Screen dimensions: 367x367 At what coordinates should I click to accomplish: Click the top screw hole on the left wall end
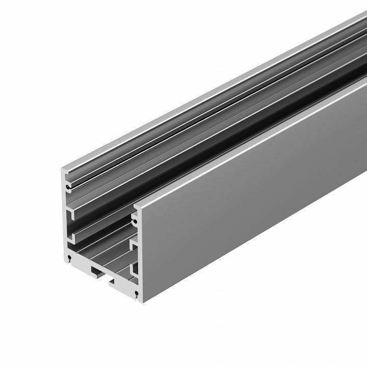67,187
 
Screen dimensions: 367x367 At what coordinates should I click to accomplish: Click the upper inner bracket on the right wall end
134,246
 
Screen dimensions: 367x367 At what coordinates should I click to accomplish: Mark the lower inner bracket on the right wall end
134,269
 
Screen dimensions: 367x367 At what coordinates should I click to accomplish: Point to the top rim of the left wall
204,97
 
